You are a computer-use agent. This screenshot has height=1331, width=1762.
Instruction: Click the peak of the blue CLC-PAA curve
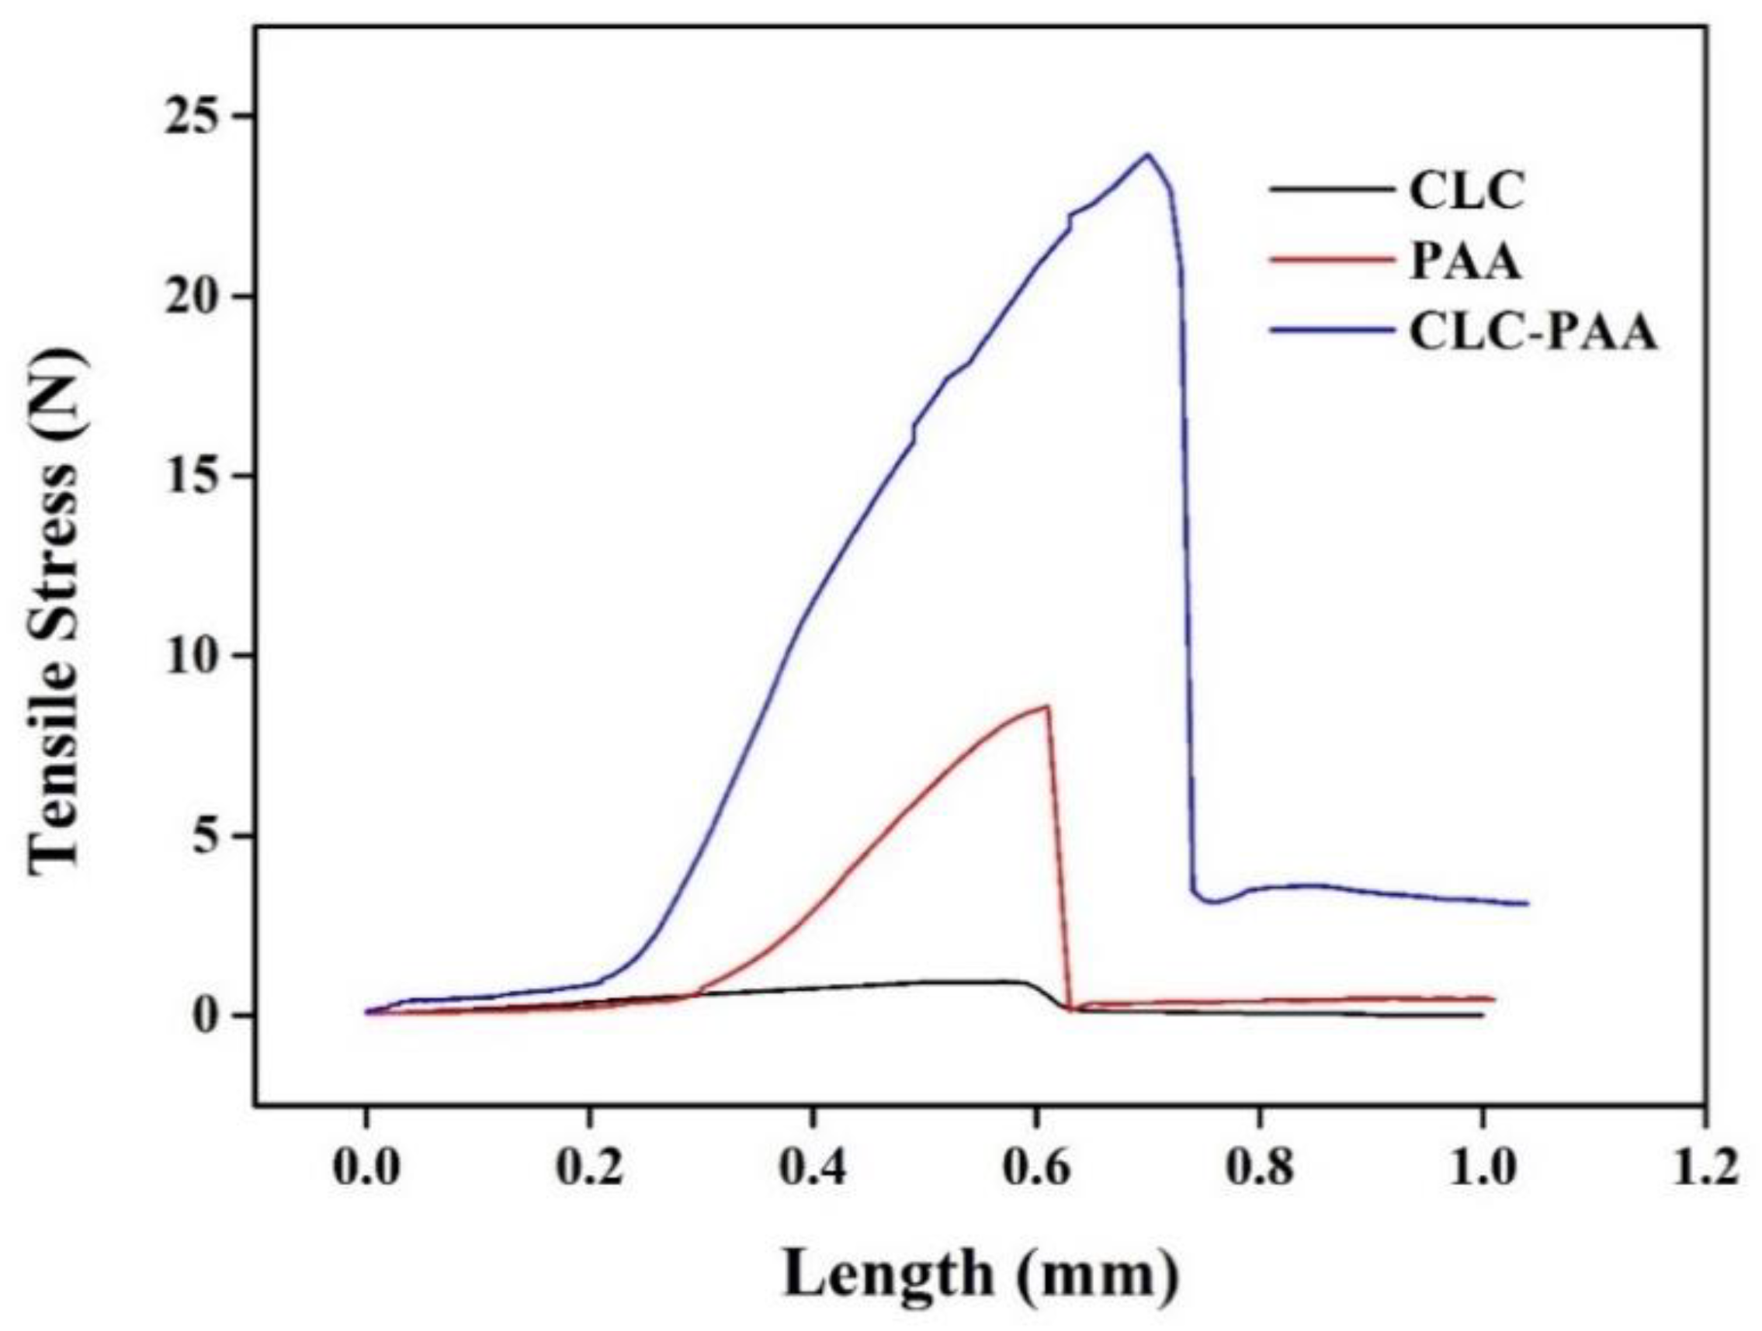[x=1147, y=154]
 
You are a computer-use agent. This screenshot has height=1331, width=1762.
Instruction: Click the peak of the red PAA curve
[x=1046, y=706]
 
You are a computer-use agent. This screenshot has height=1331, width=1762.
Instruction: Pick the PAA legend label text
[x=1465, y=263]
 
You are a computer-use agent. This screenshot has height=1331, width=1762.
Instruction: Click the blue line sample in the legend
[x=1333, y=334]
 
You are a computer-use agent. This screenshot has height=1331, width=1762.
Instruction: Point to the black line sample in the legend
[x=1333, y=190]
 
